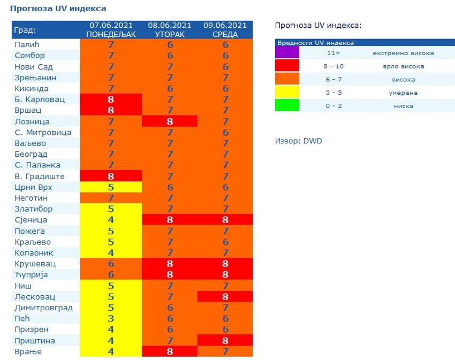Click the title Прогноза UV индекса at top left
pos(58,9)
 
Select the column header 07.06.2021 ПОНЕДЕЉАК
pos(111,30)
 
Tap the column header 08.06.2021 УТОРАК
pos(170,30)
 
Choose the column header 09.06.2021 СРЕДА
pos(225,30)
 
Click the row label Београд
pos(31,155)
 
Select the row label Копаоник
pos(34,252)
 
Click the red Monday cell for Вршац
pos(111,111)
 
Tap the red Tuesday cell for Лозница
pos(170,121)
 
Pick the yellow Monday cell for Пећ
pos(111,319)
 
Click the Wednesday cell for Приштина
pos(225,341)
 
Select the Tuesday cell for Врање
pos(170,352)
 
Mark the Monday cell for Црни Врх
pos(111,187)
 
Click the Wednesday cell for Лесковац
pos(225,297)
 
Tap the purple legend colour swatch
pos(287,53)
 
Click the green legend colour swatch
pos(287,106)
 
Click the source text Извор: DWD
pos(298,141)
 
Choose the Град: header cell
pos(26,30)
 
